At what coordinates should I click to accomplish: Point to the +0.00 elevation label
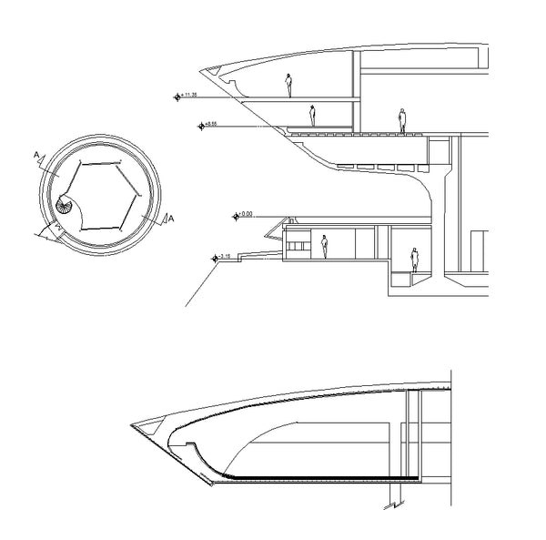tap(247, 214)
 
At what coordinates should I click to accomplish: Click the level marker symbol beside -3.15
tap(215, 258)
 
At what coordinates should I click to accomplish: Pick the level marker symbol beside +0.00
tap(236, 216)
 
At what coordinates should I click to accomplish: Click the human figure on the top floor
tap(289, 85)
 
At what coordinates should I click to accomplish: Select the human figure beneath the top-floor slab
tap(312, 115)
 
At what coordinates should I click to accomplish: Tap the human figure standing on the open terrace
tap(401, 120)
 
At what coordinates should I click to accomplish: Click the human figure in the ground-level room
tap(323, 246)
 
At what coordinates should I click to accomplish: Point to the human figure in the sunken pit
tap(415, 260)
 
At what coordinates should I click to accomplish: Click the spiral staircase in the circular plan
tap(66, 208)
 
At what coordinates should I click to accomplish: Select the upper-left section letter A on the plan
tap(37, 157)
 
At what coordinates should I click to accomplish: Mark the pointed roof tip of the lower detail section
tap(134, 423)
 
